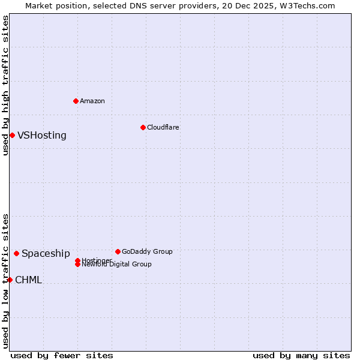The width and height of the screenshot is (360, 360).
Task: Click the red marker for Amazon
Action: [76, 101]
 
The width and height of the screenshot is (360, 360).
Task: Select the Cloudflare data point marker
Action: [143, 127]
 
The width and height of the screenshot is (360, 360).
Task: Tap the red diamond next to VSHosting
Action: [12, 135]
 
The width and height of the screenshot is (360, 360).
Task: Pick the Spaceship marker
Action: [16, 253]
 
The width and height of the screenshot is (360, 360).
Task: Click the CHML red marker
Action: [10, 280]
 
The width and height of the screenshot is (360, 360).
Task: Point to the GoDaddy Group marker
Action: [118, 251]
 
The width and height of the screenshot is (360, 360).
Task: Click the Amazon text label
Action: [92, 101]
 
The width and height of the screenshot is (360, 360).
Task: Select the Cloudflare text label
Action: [163, 127]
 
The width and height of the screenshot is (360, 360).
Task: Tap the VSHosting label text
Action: [41, 135]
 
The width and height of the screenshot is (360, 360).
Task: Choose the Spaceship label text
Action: [46, 253]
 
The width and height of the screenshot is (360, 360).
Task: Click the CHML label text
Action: [28, 280]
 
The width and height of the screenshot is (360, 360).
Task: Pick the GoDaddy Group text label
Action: [146, 251]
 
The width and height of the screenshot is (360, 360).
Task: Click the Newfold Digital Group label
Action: [116, 264]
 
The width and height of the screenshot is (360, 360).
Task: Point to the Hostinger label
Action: [96, 260]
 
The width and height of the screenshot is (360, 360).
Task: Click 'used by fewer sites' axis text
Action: [62, 355]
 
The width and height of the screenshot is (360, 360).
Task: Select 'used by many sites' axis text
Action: [301, 355]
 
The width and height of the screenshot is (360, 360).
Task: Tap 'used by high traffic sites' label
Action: [5, 86]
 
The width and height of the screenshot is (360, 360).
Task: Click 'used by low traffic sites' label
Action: [5, 280]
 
